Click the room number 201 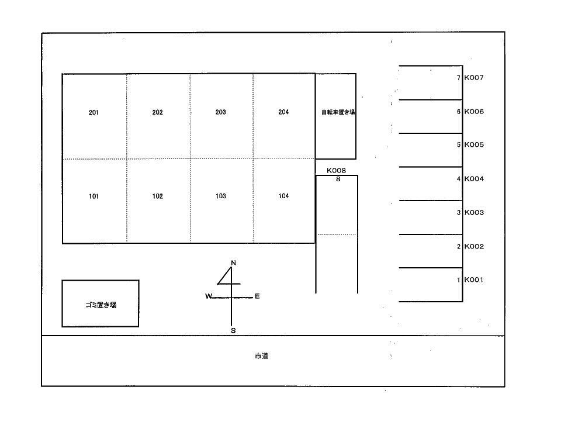tap(93, 112)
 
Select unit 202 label tap(157, 112)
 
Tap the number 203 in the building tap(220, 112)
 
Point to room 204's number tap(283, 112)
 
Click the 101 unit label tap(93, 196)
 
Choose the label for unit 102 tap(157, 196)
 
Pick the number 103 tap(220, 196)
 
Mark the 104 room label tap(283, 196)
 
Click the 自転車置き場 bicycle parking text tap(338, 112)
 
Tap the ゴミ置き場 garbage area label tap(101, 305)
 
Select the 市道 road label tap(261, 356)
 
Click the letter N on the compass tap(234, 263)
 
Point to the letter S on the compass tap(233, 330)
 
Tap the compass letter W tap(209, 296)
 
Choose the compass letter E tap(257, 296)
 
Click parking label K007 tap(474, 77)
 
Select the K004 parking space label tap(474, 179)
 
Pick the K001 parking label tap(474, 280)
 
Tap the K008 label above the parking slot tap(337, 170)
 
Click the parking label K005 tap(474, 145)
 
